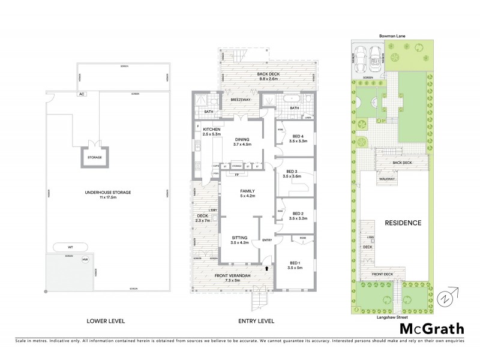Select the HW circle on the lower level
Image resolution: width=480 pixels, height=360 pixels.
[85, 259]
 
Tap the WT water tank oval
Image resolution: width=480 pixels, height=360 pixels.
[70, 246]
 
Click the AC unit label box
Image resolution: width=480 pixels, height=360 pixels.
[80, 95]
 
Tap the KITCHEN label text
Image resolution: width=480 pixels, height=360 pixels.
[212, 130]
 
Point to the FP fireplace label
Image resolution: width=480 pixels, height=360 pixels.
[237, 175]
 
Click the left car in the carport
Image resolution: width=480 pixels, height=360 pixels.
[361, 59]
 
